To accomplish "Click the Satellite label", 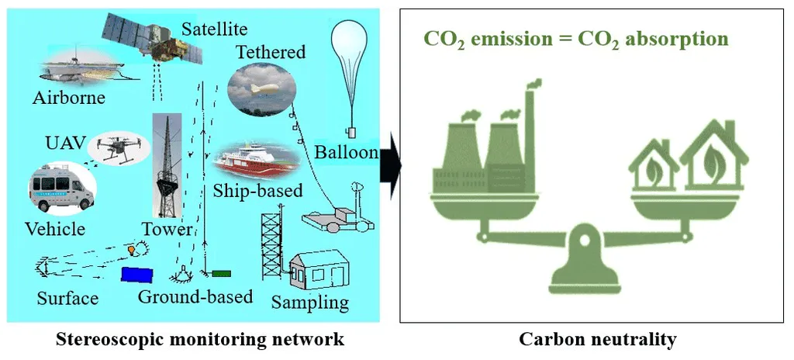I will (x=215, y=29).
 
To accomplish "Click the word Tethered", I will (x=271, y=53).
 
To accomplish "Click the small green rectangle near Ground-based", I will (x=222, y=273).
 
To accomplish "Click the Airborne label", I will (x=69, y=98).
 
